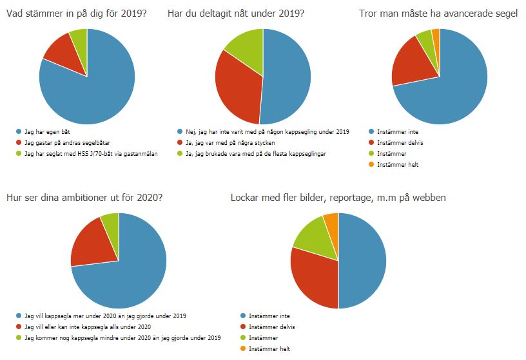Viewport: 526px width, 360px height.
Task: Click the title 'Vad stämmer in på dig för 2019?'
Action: (77, 12)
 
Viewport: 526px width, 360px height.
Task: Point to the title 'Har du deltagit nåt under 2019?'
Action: (236, 12)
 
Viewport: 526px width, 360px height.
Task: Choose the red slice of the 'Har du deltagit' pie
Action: (235, 87)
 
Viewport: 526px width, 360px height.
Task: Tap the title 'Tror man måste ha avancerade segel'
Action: (438, 12)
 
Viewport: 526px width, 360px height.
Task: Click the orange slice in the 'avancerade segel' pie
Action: (436, 34)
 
